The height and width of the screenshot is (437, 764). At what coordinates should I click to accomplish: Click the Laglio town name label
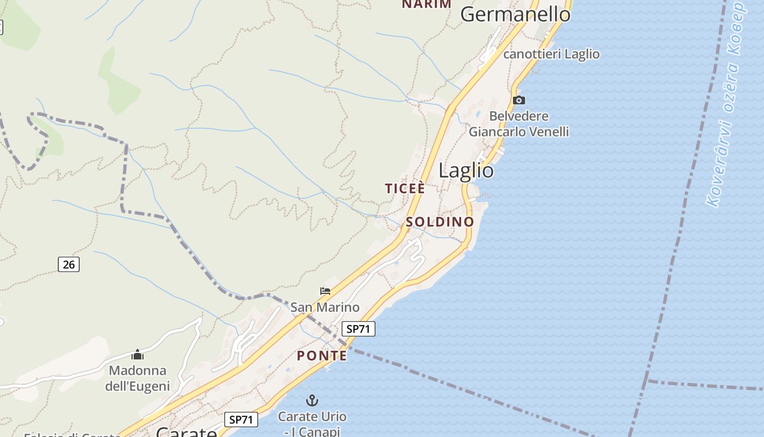466,171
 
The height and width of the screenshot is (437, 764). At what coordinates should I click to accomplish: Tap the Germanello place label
515,14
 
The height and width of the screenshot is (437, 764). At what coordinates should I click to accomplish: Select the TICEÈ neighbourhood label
404,188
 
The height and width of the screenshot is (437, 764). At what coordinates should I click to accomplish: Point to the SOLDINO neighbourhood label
439,222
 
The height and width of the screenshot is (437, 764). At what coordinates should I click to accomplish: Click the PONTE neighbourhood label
322,356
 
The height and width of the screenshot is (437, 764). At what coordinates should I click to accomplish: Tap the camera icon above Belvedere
519,100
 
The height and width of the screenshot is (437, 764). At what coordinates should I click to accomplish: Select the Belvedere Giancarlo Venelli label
519,124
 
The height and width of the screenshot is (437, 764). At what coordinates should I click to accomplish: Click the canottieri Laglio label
551,54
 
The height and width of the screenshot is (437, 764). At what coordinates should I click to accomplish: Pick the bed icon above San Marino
325,291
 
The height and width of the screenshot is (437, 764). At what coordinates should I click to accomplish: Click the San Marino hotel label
325,307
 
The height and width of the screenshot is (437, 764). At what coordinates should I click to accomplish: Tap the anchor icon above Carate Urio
312,400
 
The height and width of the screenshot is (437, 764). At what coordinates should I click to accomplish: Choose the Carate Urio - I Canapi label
312,423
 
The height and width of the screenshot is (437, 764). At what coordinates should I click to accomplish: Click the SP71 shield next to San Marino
359,329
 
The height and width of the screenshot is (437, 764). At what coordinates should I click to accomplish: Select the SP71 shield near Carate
241,420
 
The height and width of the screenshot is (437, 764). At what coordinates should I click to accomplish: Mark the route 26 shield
69,264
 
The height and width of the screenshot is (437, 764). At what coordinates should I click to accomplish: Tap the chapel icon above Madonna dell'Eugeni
138,355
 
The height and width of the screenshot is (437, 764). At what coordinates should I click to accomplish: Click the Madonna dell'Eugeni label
138,378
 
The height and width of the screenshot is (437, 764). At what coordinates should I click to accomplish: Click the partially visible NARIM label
427,4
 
